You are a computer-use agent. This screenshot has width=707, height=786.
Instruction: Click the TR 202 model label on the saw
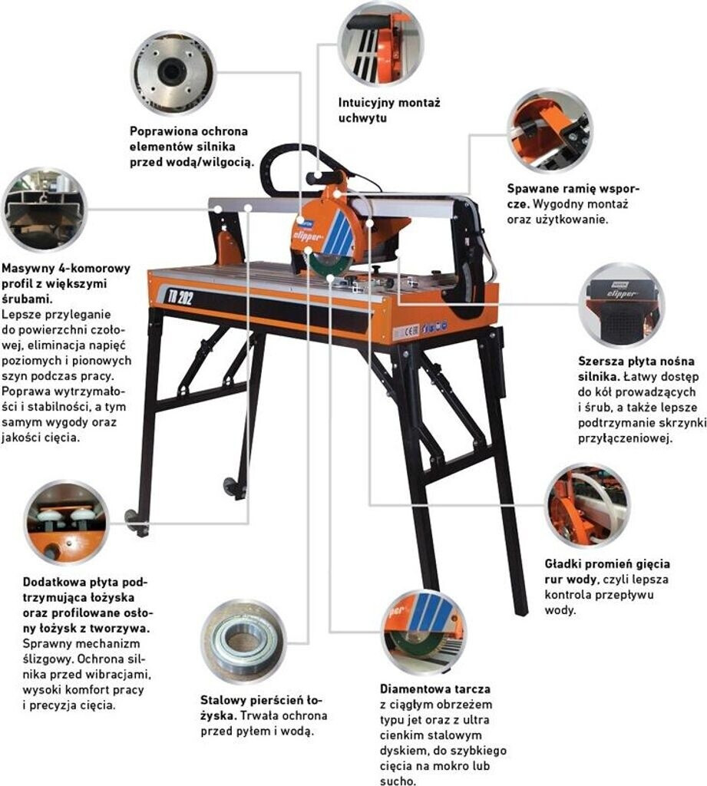point(178,297)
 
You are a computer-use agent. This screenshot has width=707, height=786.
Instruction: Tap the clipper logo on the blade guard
point(307,235)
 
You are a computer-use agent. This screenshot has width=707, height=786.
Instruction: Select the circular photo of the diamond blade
point(424,632)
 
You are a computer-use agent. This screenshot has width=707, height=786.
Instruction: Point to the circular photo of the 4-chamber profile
point(45,210)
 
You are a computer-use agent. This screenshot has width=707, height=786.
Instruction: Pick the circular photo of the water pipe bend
point(587,506)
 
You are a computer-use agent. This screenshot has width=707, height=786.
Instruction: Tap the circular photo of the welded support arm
point(550,131)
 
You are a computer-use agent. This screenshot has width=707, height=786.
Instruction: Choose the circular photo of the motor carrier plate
point(621,304)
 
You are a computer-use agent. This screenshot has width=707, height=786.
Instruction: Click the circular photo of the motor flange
point(173,73)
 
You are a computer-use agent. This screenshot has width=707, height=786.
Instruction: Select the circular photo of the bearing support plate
point(67,523)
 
